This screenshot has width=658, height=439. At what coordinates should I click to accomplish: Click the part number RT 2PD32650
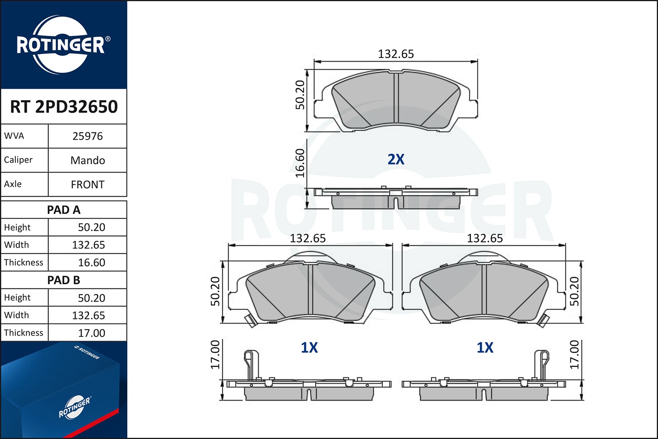click(64, 106)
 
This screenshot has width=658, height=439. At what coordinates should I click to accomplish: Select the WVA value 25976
click(88, 136)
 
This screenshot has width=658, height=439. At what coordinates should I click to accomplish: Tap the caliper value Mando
click(88, 160)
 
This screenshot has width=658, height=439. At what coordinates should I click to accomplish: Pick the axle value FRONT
click(88, 185)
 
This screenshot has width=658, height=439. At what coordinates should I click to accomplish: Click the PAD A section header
click(64, 210)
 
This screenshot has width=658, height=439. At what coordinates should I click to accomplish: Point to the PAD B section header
click(64, 280)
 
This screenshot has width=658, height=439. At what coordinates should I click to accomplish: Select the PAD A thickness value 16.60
click(91, 263)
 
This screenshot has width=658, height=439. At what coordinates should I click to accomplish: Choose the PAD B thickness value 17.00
click(91, 333)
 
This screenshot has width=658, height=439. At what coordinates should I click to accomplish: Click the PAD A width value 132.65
click(89, 245)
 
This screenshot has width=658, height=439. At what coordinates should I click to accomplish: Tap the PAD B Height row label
click(17, 298)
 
